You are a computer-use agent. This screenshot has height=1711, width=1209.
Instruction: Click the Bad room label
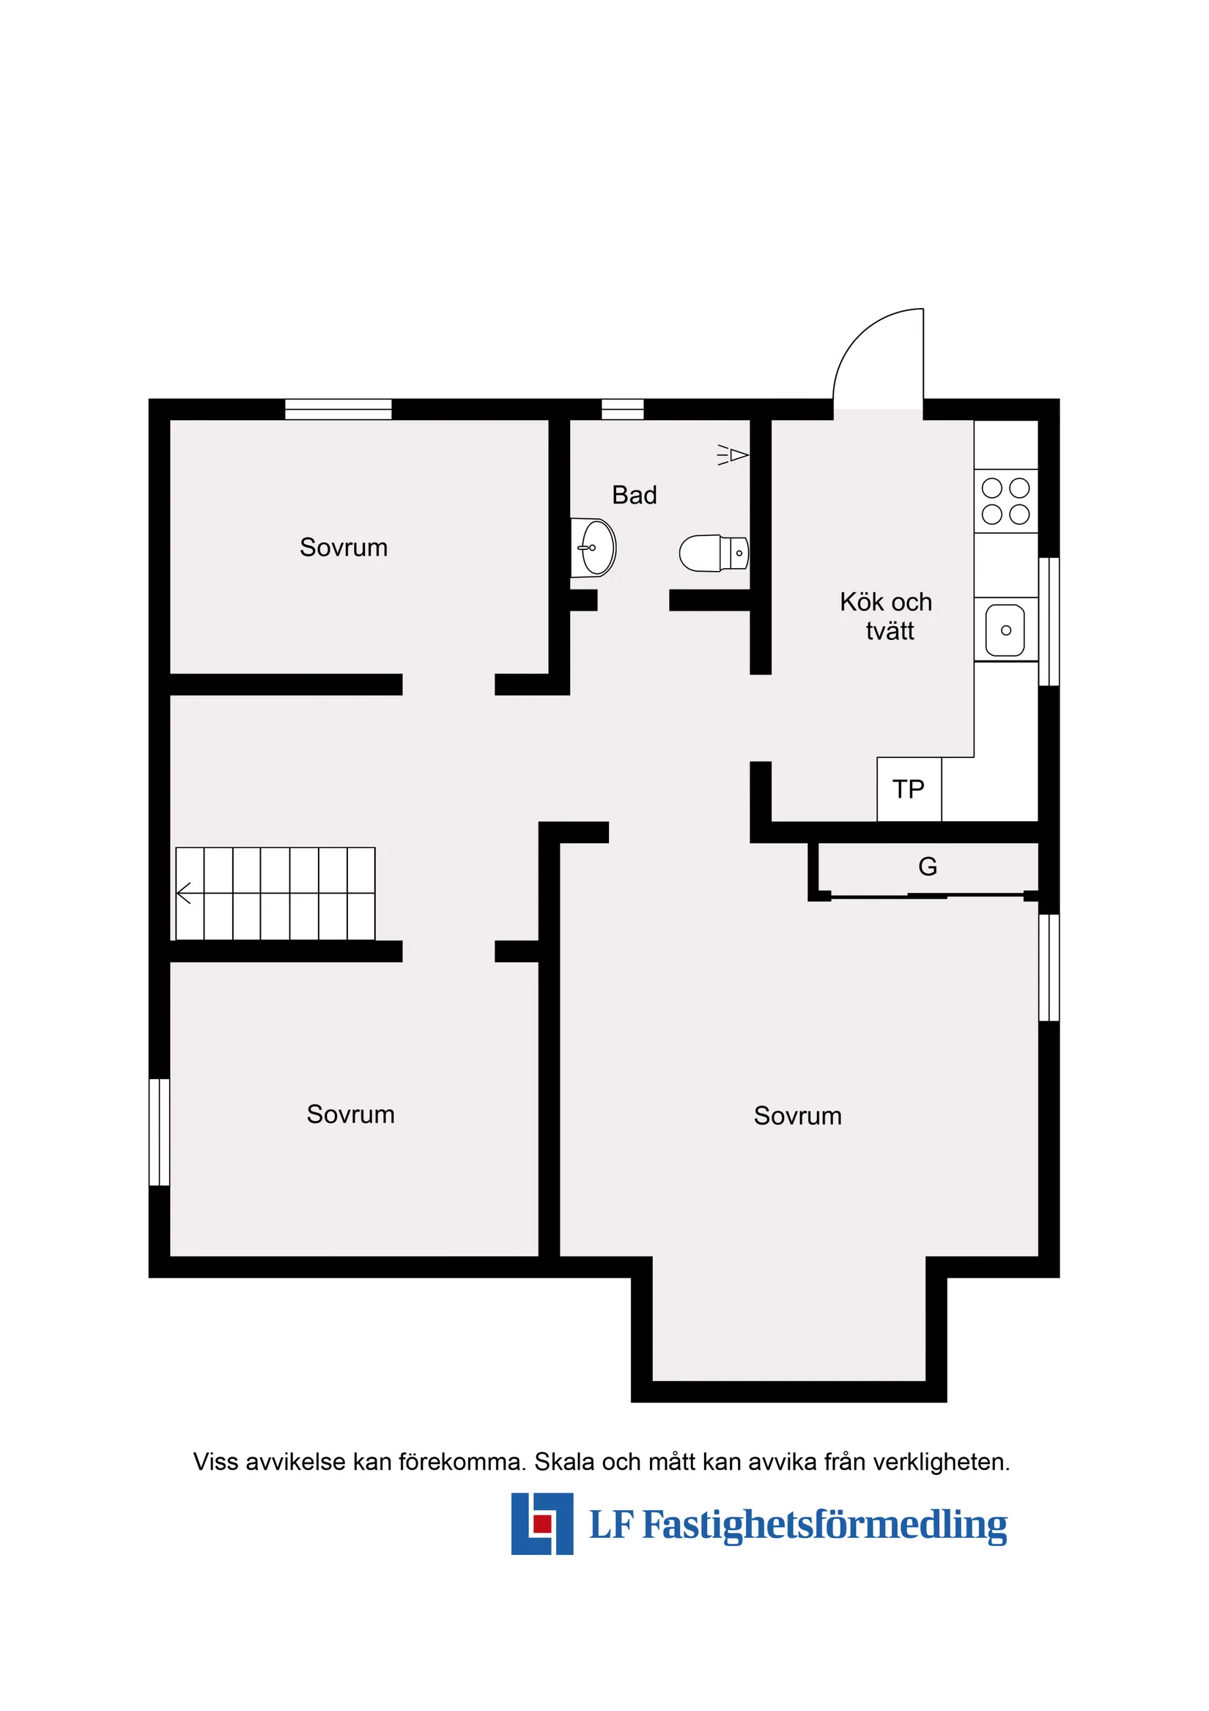tap(634, 495)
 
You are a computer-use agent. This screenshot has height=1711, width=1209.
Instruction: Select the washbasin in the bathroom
tap(594, 548)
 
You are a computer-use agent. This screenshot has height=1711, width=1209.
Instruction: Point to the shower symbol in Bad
tap(733, 455)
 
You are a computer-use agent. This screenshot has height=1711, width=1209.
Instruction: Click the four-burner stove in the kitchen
tap(1005, 501)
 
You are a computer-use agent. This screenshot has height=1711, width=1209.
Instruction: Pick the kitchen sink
tap(1004, 630)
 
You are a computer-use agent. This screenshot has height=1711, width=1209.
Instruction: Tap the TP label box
tap(908, 790)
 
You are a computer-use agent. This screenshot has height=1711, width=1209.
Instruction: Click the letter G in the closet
tap(928, 866)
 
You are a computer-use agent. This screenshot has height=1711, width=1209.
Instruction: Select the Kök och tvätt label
tap(887, 617)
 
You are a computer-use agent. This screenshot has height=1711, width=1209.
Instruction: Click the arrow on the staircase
tap(184, 893)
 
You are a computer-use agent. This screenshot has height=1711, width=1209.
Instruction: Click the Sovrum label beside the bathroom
tap(344, 548)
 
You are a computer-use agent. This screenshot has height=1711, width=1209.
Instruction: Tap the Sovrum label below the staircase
tap(350, 1115)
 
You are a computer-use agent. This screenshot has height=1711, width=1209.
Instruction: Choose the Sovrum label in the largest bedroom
tap(797, 1116)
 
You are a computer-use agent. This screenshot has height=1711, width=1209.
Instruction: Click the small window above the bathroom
tap(622, 409)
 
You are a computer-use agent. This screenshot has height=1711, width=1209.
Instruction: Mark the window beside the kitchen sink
tap(1048, 622)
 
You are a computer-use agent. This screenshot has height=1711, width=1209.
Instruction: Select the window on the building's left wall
tap(160, 1132)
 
